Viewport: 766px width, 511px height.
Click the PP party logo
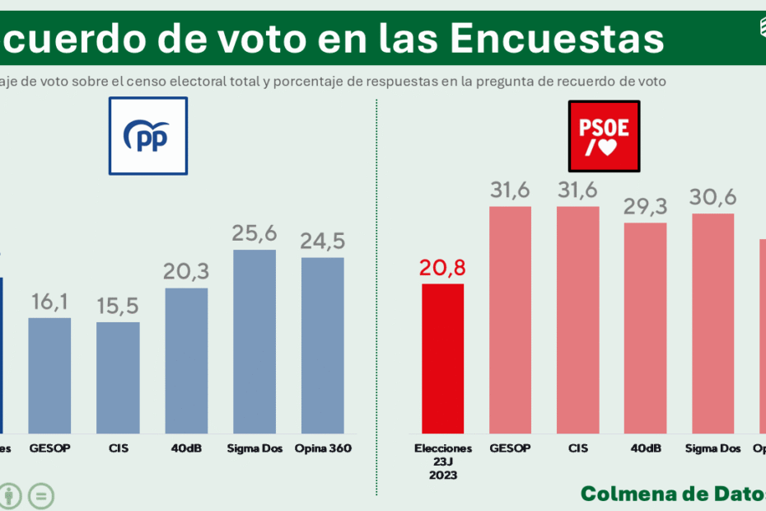[148, 136]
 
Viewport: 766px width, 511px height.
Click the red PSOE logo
[605, 136]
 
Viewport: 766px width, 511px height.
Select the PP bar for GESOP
[49, 376]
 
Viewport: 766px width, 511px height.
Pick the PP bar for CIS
[118, 377]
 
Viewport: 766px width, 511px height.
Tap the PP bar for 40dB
[186, 361]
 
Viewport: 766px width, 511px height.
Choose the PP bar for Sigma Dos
[254, 341]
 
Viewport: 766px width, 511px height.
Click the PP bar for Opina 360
[322, 345]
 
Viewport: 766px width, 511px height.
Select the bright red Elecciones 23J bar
[442, 359]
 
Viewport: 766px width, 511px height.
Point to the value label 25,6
[254, 234]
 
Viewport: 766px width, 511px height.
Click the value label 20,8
[442, 269]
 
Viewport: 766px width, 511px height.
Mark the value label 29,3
[646, 207]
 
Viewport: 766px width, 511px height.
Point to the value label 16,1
[49, 302]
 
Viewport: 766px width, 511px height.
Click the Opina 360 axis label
[323, 448]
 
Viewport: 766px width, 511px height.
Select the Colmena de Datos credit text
[672, 493]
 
